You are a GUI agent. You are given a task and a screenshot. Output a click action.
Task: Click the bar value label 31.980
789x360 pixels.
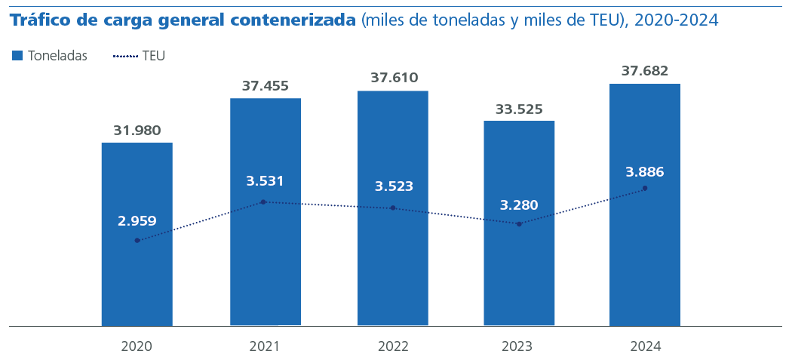[x=137, y=131]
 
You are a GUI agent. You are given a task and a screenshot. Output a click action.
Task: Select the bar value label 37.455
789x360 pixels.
[x=266, y=86]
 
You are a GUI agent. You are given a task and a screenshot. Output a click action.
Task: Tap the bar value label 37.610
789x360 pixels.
[x=394, y=78]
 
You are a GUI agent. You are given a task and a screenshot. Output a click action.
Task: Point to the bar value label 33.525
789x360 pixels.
[x=519, y=109]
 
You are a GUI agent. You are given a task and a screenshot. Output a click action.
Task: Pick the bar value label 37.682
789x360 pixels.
[x=645, y=71]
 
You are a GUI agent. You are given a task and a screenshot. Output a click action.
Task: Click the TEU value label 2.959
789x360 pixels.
[x=137, y=221]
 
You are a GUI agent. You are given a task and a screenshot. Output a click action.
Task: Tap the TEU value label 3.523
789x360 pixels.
[x=394, y=186]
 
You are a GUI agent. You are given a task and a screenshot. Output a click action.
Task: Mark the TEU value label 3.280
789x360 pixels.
[x=519, y=205]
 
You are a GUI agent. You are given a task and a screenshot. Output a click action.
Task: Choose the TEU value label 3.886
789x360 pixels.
[x=645, y=172]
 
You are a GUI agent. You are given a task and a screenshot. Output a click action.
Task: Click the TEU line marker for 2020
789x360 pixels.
[x=137, y=241]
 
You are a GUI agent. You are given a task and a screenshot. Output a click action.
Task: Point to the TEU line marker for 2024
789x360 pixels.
[x=645, y=188]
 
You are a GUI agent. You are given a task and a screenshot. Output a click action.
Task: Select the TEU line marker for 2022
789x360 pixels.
[x=393, y=208]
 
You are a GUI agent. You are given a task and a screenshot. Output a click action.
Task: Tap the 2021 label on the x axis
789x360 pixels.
[x=265, y=346]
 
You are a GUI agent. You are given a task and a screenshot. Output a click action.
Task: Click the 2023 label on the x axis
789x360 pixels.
[x=517, y=346]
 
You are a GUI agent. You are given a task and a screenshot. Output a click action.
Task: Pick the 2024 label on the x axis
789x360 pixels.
[x=646, y=346]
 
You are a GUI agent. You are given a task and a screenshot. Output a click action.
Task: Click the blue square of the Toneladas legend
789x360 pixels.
[x=17, y=56]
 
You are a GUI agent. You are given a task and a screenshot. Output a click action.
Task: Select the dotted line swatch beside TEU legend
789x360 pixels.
[x=125, y=56]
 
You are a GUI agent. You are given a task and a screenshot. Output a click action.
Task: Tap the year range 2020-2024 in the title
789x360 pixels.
[x=677, y=20]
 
